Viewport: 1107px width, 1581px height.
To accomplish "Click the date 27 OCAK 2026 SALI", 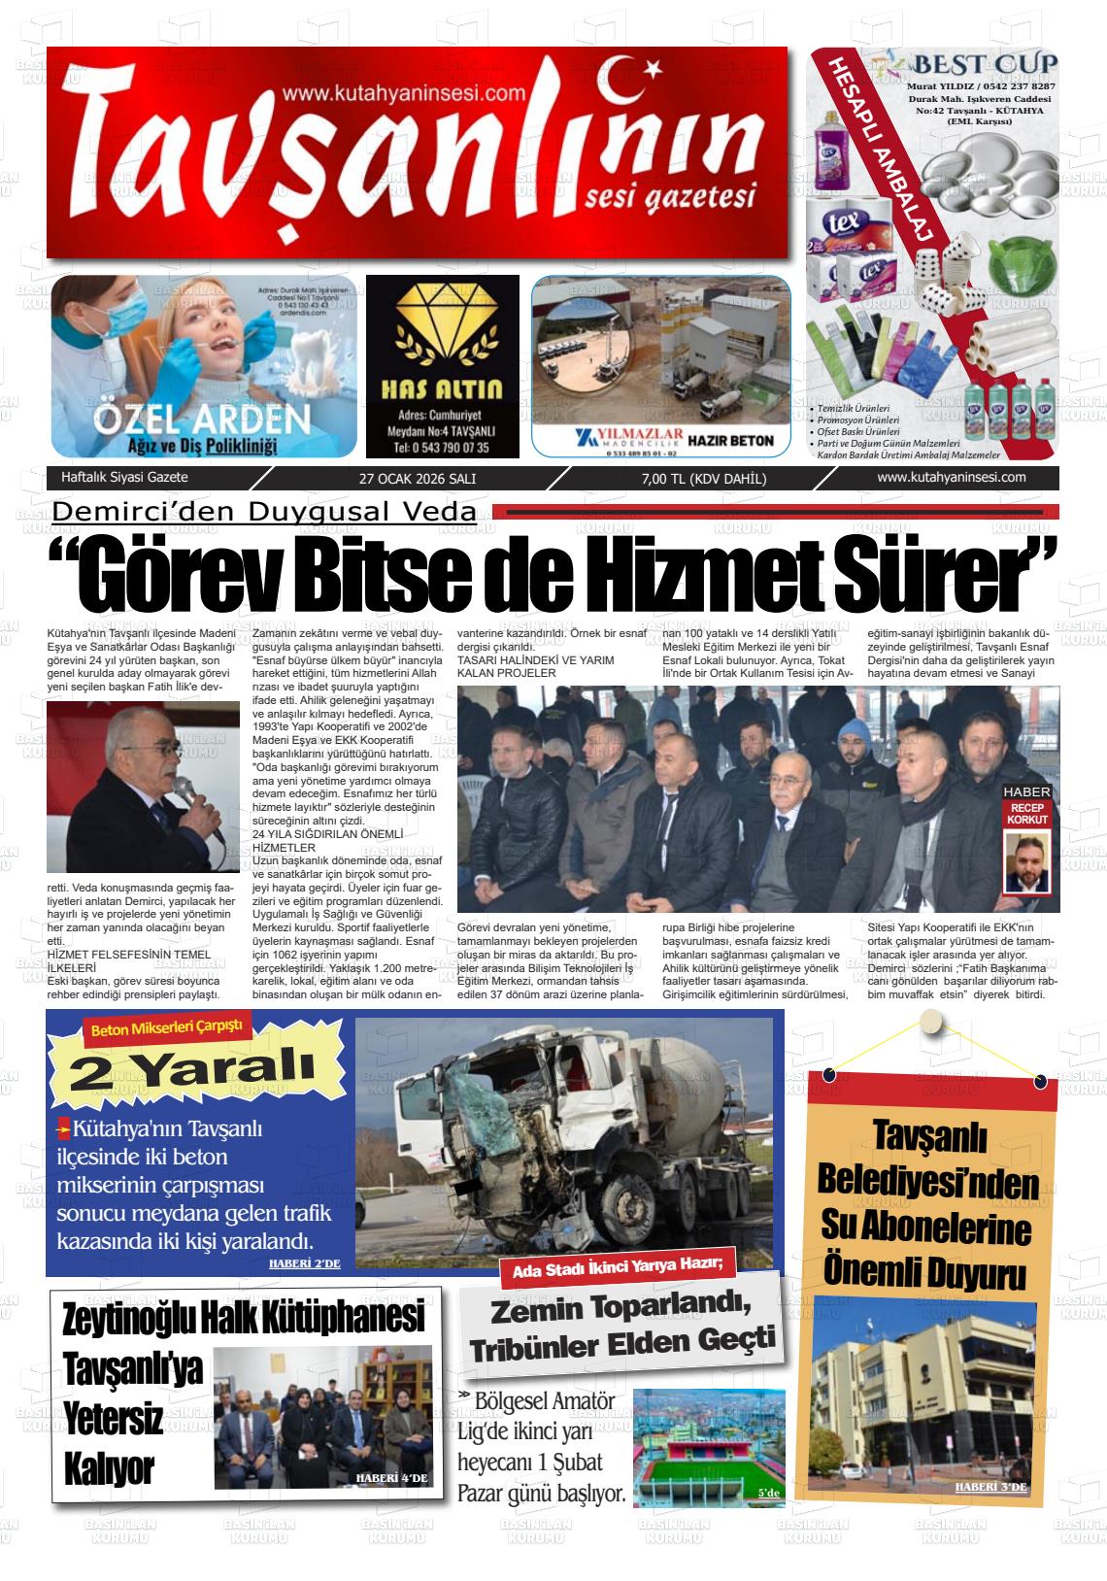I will pos(418,479).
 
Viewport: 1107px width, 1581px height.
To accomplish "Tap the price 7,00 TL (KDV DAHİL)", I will pos(704,479).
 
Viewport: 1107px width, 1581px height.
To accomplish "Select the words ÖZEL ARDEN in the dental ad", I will pos(203,420).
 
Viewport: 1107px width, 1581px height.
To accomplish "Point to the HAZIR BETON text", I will pos(730,440).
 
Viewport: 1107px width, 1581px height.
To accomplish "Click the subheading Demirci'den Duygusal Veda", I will pos(264,512).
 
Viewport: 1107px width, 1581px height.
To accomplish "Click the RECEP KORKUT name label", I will pos(1027,814).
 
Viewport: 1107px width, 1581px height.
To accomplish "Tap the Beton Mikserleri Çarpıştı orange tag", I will pos(166,1029).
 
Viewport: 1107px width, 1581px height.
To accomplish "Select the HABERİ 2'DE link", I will pos(304,1263).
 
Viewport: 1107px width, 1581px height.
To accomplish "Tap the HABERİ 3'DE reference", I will pos(990,1487).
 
